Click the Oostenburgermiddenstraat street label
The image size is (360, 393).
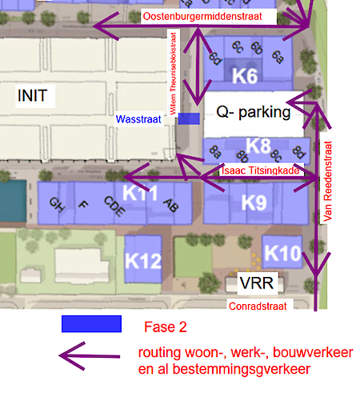pyautogui.click(x=202, y=17)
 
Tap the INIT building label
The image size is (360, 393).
pyautogui.click(x=32, y=95)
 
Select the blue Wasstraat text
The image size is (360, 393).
pyautogui.click(x=138, y=119)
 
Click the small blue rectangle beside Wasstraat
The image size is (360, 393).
pyautogui.click(x=189, y=118)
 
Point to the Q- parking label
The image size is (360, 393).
pyautogui.click(x=254, y=112)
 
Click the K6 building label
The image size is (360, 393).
pyautogui.click(x=245, y=76)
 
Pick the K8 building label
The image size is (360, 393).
pyautogui.click(x=258, y=146)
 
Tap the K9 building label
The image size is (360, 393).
pyautogui.click(x=254, y=203)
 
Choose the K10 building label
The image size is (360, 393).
pyautogui.click(x=282, y=253)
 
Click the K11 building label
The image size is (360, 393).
pyautogui.click(x=140, y=193)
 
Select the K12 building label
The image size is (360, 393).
pyautogui.click(x=143, y=261)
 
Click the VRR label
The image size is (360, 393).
pyautogui.click(x=257, y=283)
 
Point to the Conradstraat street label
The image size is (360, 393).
pyautogui.click(x=258, y=306)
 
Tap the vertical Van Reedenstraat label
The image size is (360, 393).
pyautogui.click(x=327, y=182)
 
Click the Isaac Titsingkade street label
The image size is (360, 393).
pyautogui.click(x=261, y=170)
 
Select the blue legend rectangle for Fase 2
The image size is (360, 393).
pyautogui.click(x=91, y=324)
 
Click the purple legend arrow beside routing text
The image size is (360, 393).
pyautogui.click(x=89, y=356)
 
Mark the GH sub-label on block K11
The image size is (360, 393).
pyautogui.click(x=57, y=205)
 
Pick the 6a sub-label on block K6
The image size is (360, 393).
pyautogui.click(x=278, y=57)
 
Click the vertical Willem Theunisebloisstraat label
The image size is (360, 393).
pyautogui.click(x=173, y=74)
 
